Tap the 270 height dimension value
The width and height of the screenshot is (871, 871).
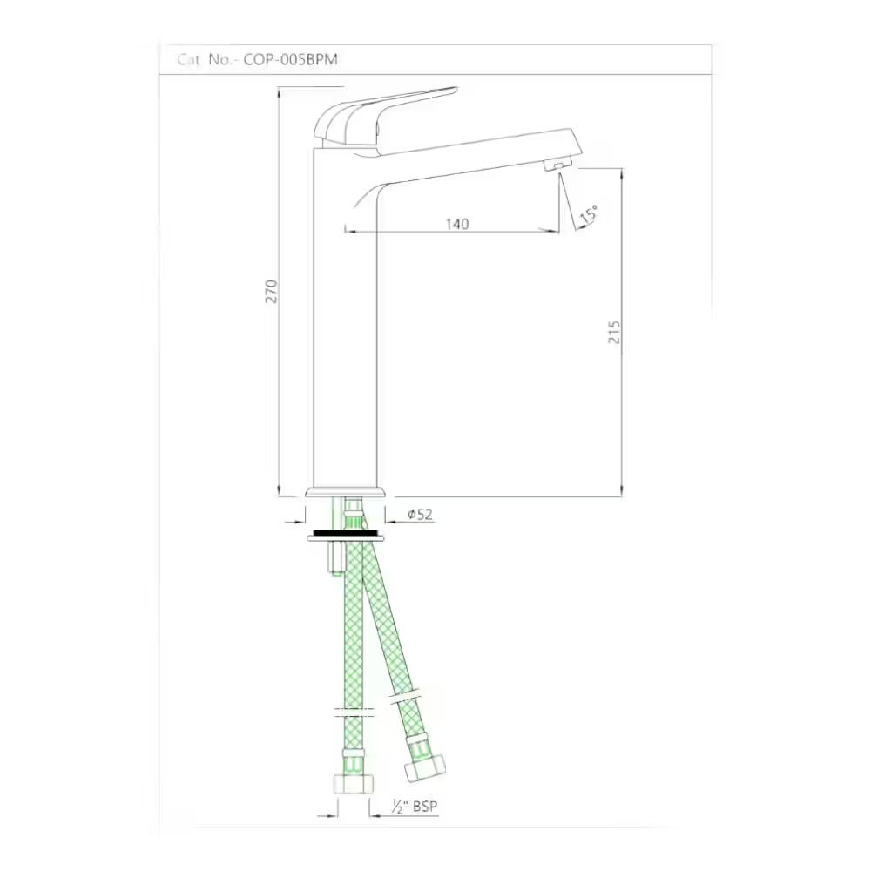pos(271,290)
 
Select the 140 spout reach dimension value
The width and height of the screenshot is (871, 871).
pos(457,224)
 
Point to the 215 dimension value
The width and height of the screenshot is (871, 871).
pos(614,332)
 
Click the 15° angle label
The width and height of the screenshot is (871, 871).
pos(590,214)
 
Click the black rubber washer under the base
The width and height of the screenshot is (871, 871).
pos(345,530)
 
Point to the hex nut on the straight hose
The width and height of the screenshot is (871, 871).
pos(353,784)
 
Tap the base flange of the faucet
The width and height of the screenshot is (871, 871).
pos(345,493)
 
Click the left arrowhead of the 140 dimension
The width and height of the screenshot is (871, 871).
pos(349,231)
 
